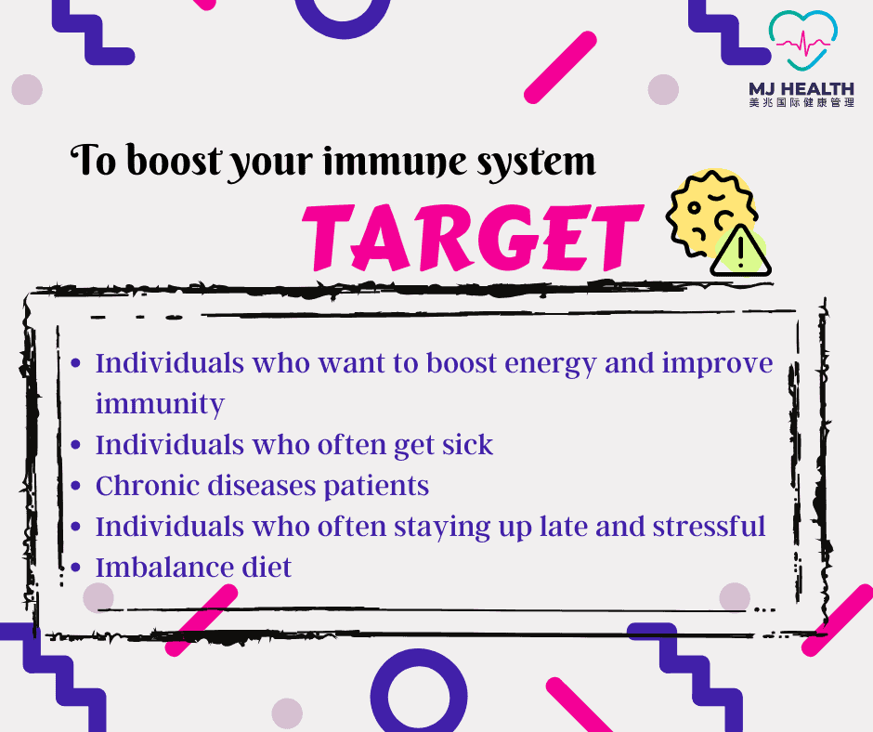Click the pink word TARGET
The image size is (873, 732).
tap(472, 237)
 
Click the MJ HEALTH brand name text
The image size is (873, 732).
tap(801, 89)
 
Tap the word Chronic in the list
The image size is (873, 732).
tap(147, 485)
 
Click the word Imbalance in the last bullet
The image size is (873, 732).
tap(164, 567)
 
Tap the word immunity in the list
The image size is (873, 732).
tap(160, 404)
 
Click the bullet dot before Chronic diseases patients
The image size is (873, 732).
tap(76, 486)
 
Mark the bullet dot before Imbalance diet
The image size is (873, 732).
tap(76, 568)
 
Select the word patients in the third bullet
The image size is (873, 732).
tap(376, 486)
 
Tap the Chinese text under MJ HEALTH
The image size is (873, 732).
tap(801, 102)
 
